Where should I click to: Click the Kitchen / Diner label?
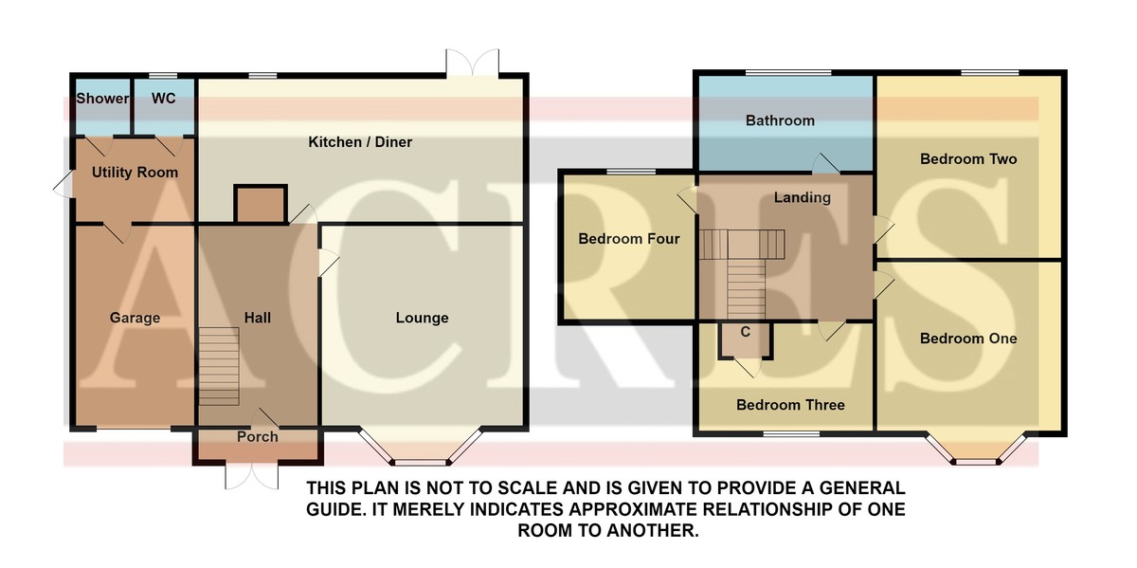click(360, 141)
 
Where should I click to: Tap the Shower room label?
click(102, 98)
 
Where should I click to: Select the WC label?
click(163, 98)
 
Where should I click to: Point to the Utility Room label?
click(135, 173)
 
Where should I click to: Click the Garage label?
click(135, 318)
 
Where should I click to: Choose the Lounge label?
click(422, 318)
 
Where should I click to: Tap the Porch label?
click(258, 436)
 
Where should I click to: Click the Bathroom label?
click(780, 120)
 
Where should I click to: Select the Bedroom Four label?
click(629, 239)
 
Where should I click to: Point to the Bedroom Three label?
click(790, 405)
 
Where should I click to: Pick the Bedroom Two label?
click(968, 159)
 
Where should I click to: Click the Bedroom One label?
click(968, 339)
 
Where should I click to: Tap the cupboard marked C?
click(745, 339)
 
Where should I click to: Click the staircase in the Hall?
click(219, 366)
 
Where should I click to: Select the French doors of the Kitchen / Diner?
click(473, 63)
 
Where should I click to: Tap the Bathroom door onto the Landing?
click(826, 163)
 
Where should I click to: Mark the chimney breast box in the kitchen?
click(261, 204)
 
